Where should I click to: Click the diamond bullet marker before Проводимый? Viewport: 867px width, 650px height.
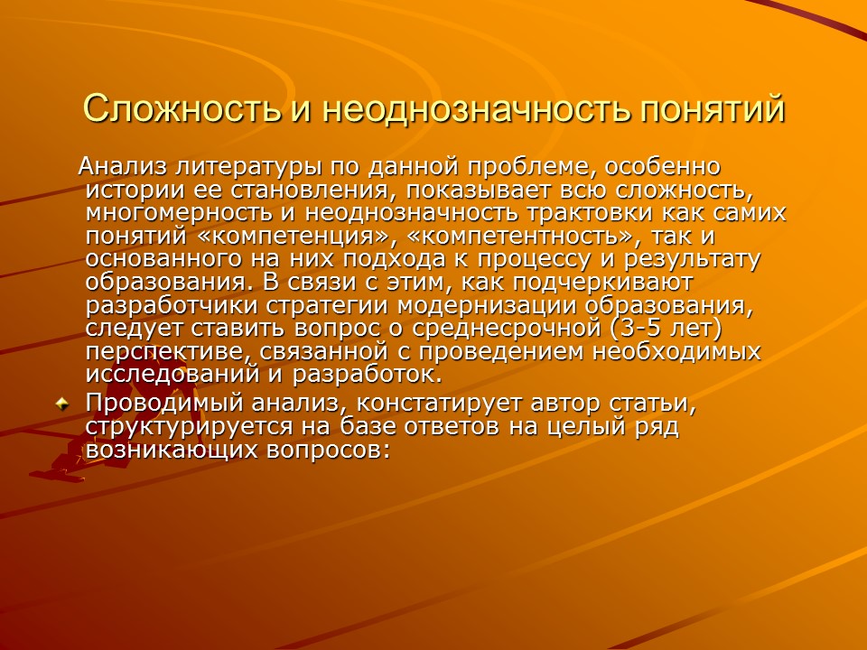click(x=62, y=404)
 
